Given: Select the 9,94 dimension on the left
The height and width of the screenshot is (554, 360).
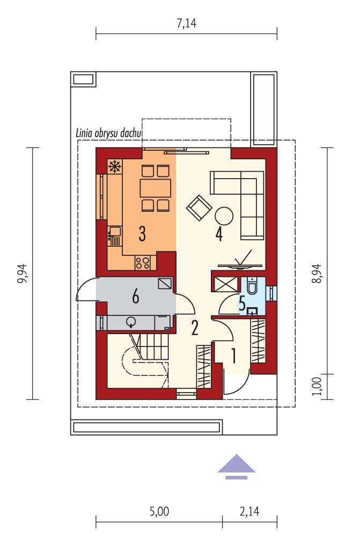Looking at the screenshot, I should tap(22, 273).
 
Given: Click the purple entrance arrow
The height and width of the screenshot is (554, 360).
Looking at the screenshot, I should tap(237, 466).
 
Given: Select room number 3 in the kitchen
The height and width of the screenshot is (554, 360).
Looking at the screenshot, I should tap(142, 233).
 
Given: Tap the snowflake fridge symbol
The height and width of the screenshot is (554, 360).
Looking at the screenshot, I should tap(114, 167).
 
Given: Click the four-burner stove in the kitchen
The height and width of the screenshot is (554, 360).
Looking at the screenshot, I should tap(142, 262).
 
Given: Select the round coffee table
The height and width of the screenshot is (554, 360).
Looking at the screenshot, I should tap(224, 216).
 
